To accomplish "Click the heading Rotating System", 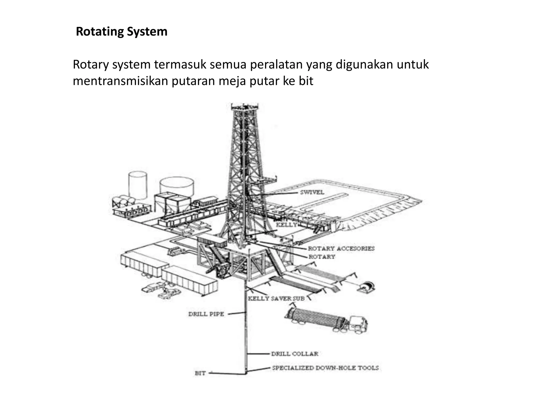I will [x=122, y=32].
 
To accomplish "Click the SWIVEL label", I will [x=312, y=192].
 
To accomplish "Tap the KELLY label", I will [x=287, y=225].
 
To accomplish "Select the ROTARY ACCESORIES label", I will [x=341, y=248].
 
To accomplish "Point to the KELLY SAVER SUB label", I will [x=276, y=299].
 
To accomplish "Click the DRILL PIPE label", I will [x=206, y=314].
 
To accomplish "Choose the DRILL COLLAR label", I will [x=295, y=354].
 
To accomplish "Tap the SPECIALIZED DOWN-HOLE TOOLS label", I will [x=325, y=368].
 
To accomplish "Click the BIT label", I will [x=200, y=373].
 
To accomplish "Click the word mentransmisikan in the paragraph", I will [x=120, y=81].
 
